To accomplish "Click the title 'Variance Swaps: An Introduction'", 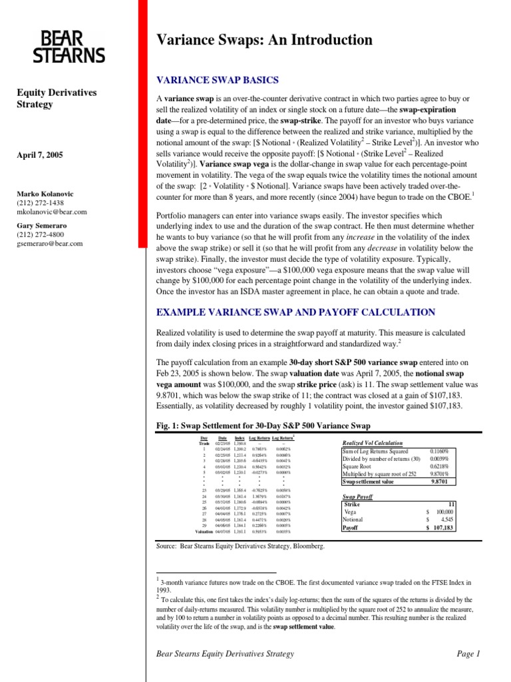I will pos(264,40).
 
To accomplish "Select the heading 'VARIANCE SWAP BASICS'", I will pos(217,80).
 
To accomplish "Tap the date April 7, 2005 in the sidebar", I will pos(39,155).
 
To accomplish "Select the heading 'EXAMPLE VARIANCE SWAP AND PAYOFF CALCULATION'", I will pos(295,312).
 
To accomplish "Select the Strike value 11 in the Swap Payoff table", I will pos(451,505).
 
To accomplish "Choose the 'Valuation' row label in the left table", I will pos(204,532).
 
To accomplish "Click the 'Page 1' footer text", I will pos(468,654).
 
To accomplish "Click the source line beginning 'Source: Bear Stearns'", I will pos(240,546).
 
